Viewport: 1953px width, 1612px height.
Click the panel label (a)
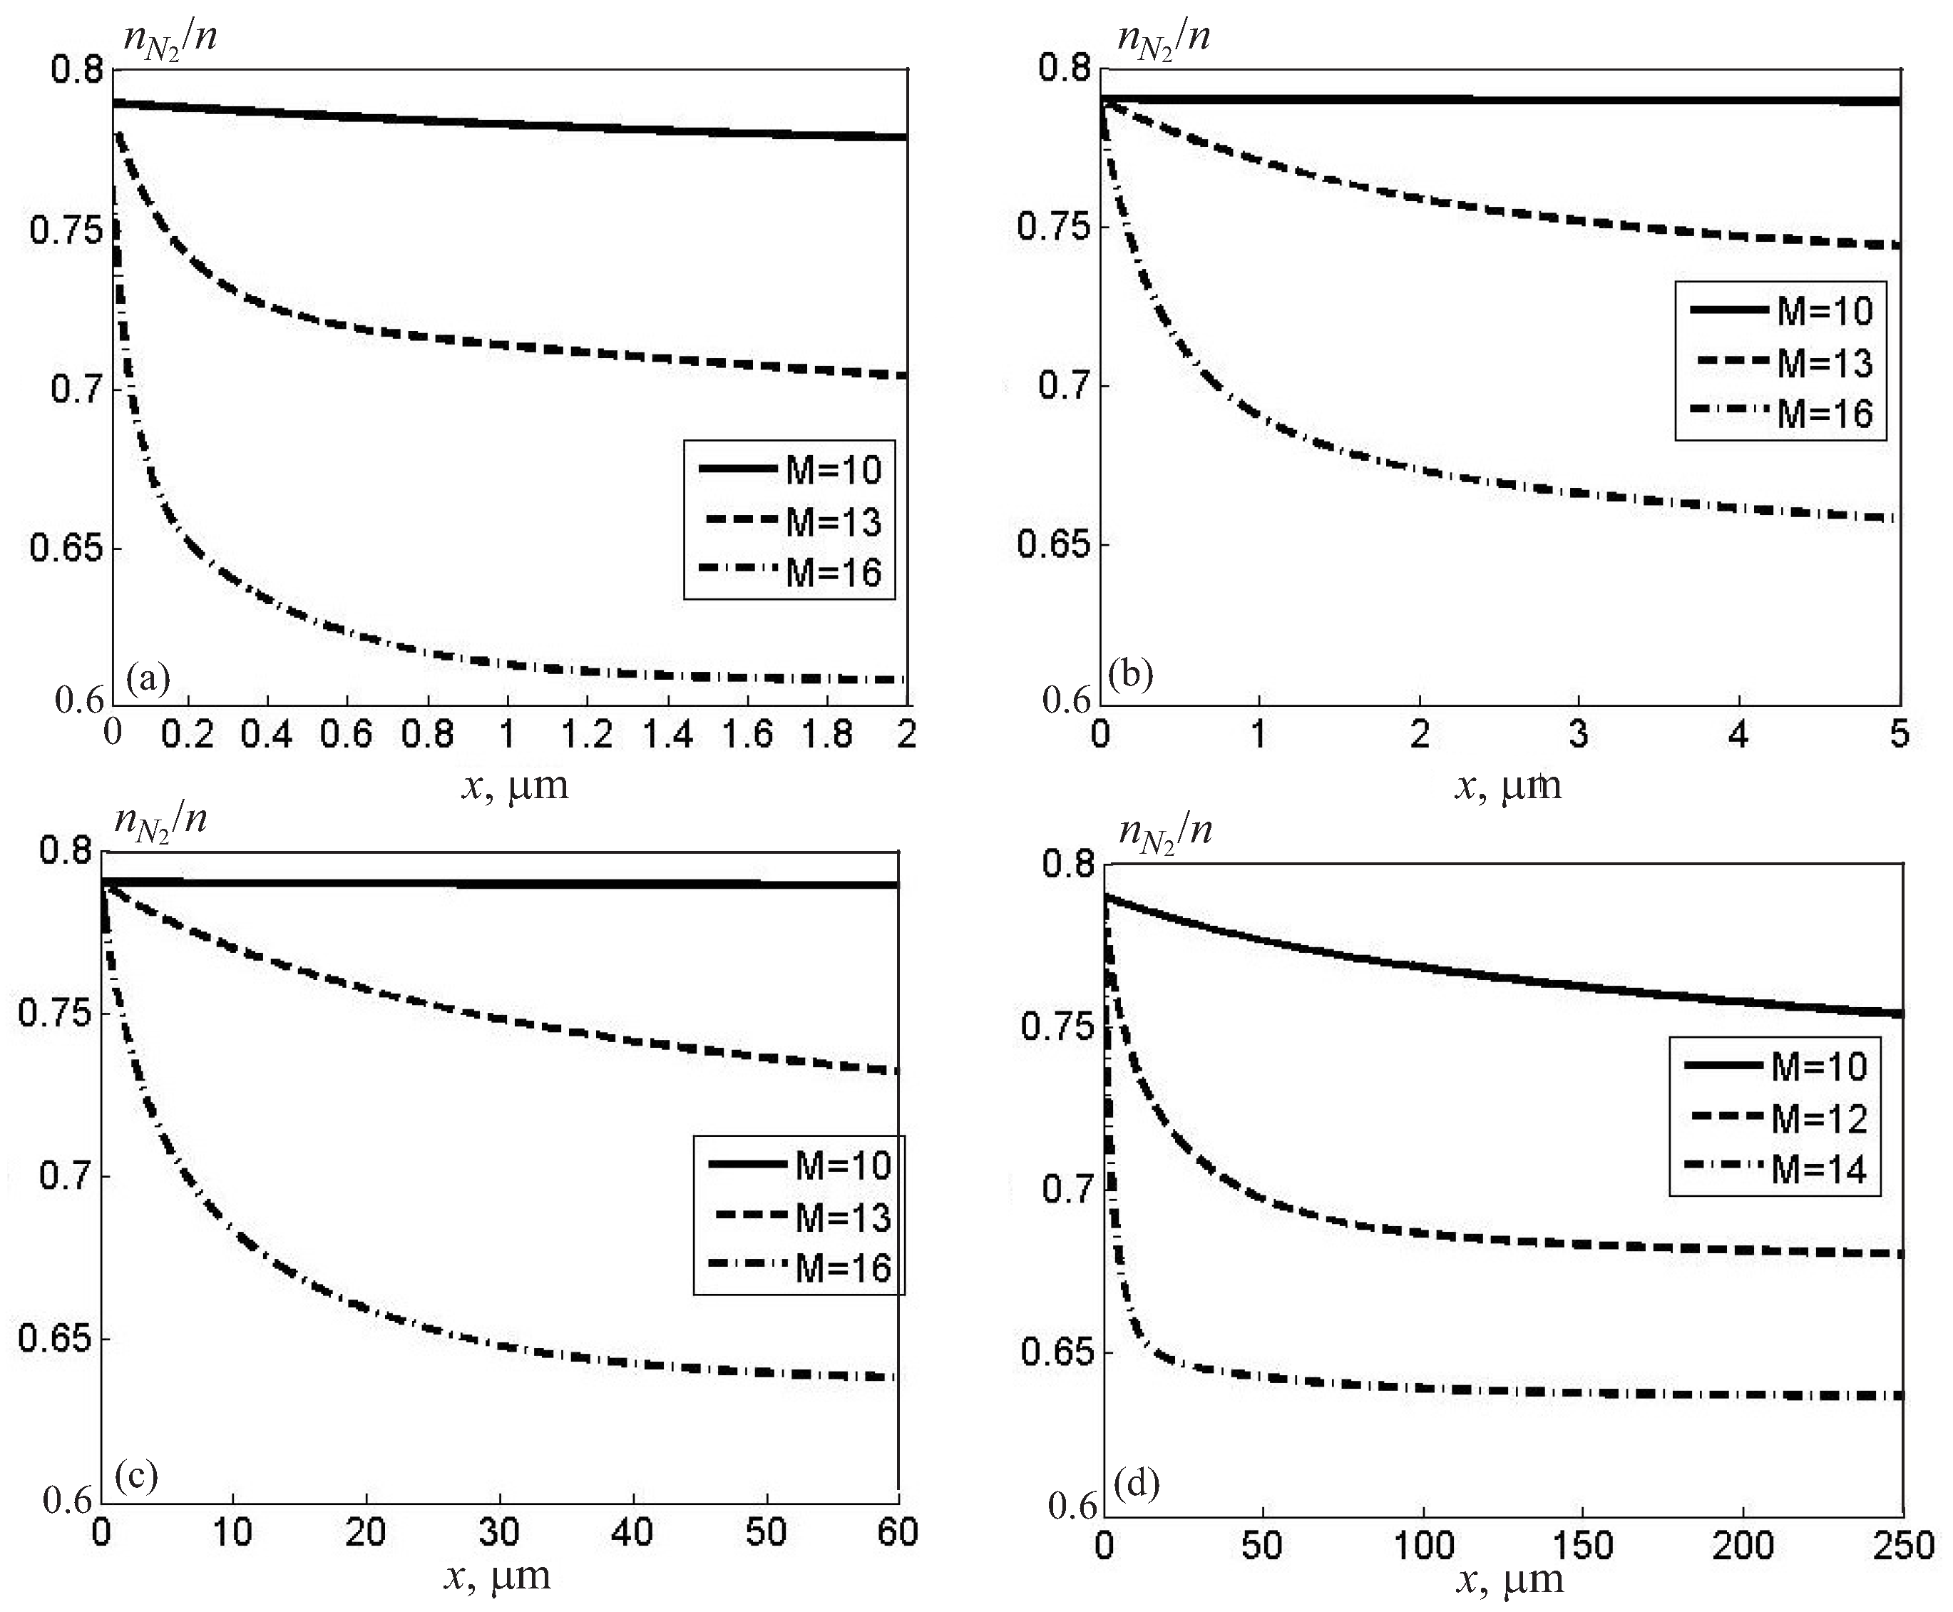148,679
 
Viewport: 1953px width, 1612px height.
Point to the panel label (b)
1131,673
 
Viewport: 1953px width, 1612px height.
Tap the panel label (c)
135,1474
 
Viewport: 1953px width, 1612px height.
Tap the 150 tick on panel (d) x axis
1583,1545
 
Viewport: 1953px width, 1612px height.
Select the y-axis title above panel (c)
160,821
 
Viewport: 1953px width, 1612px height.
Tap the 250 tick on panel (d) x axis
1903,1545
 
